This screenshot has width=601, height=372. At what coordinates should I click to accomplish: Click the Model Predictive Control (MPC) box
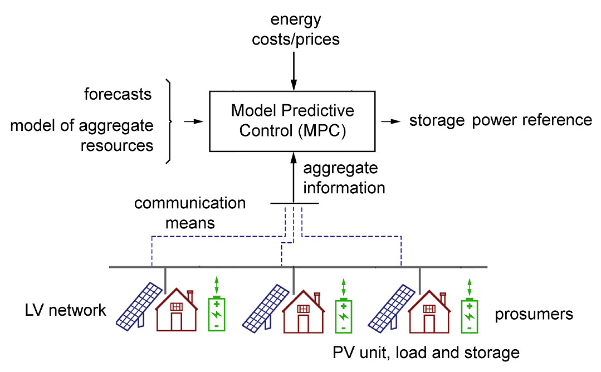click(292, 121)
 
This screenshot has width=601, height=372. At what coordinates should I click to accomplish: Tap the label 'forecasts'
click(118, 94)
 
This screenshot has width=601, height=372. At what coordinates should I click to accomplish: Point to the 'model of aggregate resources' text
click(82, 135)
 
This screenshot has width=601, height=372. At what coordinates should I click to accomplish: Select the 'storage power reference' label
click(501, 120)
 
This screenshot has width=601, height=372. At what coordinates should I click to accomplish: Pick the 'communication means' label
click(190, 213)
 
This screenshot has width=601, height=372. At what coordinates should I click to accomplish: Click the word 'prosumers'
click(534, 314)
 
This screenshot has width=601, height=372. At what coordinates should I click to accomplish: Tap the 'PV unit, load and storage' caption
click(426, 353)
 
